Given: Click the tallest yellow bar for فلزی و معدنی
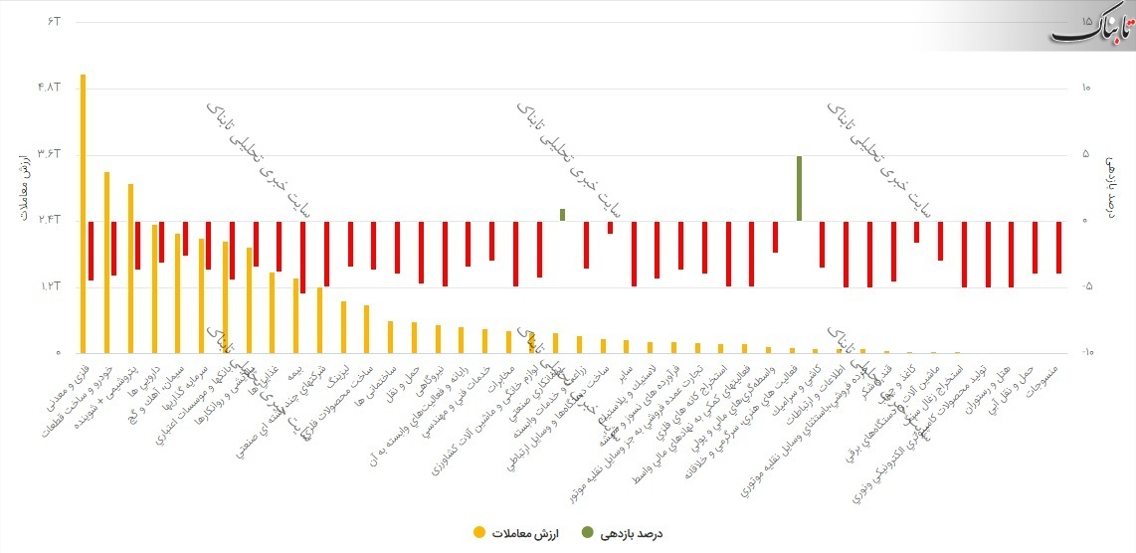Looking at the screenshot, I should [x=83, y=213].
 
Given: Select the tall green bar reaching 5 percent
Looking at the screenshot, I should [x=799, y=188].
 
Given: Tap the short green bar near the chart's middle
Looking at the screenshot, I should [x=562, y=215].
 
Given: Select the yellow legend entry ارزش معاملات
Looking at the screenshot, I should [x=516, y=533].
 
